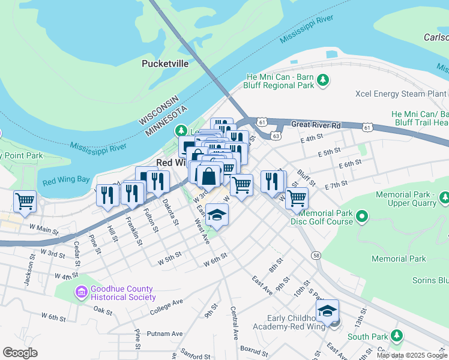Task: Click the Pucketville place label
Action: pos(164,63)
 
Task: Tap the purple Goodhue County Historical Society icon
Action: pos(81,293)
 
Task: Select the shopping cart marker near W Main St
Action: pos(25,202)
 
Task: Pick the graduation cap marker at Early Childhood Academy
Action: pos(327,311)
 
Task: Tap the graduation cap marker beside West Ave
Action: pos(217,215)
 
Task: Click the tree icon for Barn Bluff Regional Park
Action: pos(323,80)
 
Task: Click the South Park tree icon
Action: pos(396,335)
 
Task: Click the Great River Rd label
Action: pos(316,125)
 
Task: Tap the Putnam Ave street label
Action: pos(167,334)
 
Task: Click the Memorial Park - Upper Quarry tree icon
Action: pos(444,197)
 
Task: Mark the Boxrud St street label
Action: pos(253,347)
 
